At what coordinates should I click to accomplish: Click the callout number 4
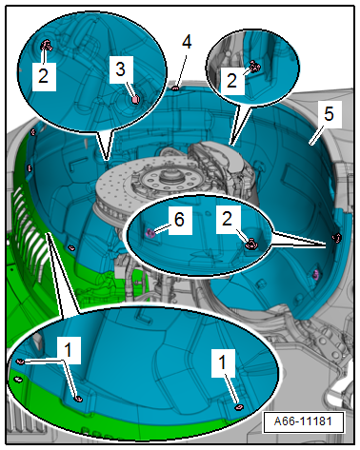(x=187, y=43)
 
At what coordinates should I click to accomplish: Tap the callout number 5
(x=329, y=113)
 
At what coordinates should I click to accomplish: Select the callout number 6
(x=179, y=220)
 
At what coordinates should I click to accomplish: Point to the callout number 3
(x=120, y=69)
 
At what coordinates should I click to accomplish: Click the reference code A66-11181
(x=303, y=421)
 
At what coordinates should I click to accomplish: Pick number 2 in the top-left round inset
(x=44, y=76)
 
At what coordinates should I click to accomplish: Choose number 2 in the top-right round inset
(x=231, y=81)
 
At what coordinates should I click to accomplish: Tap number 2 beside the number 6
(x=227, y=219)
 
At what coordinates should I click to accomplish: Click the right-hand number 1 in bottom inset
(x=223, y=362)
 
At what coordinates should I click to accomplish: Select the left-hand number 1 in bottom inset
(x=68, y=349)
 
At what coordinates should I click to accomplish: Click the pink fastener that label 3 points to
(x=136, y=100)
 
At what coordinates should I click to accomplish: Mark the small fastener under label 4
(x=175, y=88)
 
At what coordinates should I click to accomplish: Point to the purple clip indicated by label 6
(x=150, y=234)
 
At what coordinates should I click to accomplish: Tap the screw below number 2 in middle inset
(x=251, y=245)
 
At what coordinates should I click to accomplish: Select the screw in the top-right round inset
(x=254, y=67)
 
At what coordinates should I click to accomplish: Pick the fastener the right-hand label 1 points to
(x=238, y=407)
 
